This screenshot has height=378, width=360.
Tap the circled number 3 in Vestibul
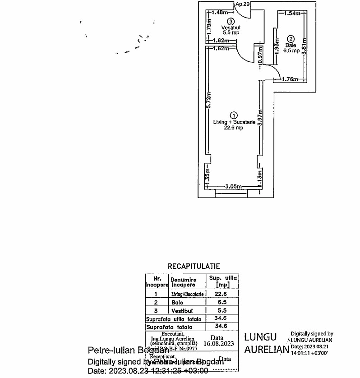pyautogui.click(x=231, y=21)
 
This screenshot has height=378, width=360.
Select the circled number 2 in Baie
pyautogui.click(x=291, y=39)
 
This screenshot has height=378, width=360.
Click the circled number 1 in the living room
pyautogui.click(x=234, y=115)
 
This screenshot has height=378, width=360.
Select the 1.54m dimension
pyautogui.click(x=292, y=14)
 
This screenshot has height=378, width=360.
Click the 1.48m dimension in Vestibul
pyautogui.click(x=219, y=12)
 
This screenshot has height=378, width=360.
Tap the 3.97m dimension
pyautogui.click(x=259, y=120)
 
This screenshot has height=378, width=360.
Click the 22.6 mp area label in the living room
pyautogui.click(x=234, y=128)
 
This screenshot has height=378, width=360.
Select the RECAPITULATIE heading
pyautogui.click(x=194, y=267)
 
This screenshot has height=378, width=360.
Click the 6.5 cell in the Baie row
pyautogui.click(x=222, y=302)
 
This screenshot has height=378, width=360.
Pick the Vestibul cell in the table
pyautogui.click(x=182, y=311)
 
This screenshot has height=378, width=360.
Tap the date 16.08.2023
pyautogui.click(x=221, y=343)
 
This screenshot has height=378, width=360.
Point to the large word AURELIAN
pyautogui.click(x=266, y=350)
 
